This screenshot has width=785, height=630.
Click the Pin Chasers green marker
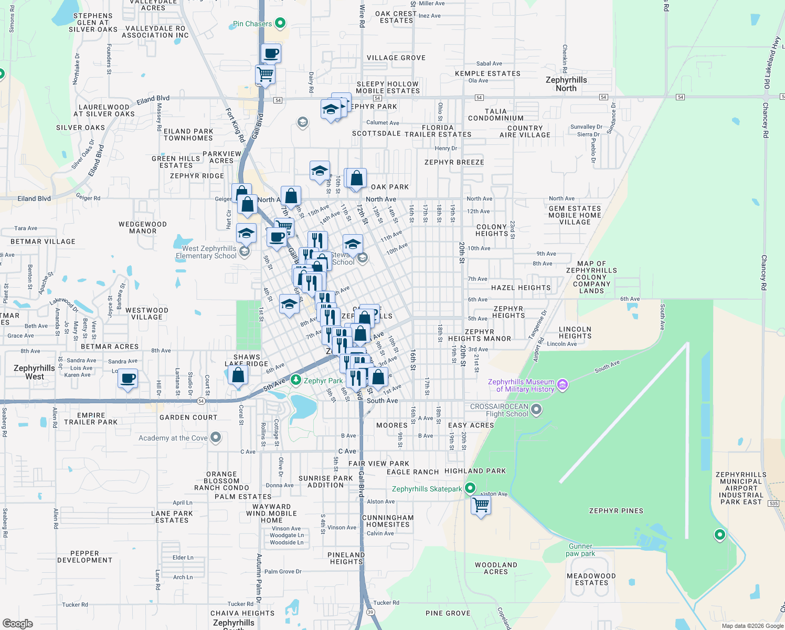coord(280,23)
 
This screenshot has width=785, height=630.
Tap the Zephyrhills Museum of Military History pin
coord(563,385)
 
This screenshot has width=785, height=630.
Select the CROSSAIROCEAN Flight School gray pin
coord(536,409)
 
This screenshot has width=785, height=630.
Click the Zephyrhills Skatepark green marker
coord(470,488)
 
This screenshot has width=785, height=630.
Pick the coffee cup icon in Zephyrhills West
coord(128,379)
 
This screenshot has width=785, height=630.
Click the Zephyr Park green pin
coord(296,380)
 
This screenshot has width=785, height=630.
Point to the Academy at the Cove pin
coord(216,437)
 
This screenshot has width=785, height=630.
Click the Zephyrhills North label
coord(566,84)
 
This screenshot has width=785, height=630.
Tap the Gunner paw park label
coord(580,550)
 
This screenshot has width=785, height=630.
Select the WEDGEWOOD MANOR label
coord(143,227)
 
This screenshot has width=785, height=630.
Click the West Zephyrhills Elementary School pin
coord(245,252)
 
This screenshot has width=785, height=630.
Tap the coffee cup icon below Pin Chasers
coord(271,53)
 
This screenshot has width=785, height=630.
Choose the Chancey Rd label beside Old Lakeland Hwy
coord(766,120)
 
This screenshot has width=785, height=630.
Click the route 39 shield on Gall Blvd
coord(370,612)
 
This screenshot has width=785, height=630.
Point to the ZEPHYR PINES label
coord(616,510)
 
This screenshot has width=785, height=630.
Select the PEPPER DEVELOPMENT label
coord(84,556)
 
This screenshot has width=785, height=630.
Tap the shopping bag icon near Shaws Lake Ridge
coord(238,375)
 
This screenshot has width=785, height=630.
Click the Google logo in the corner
coord(18,623)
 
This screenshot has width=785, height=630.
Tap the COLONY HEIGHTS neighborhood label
coord(492,230)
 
